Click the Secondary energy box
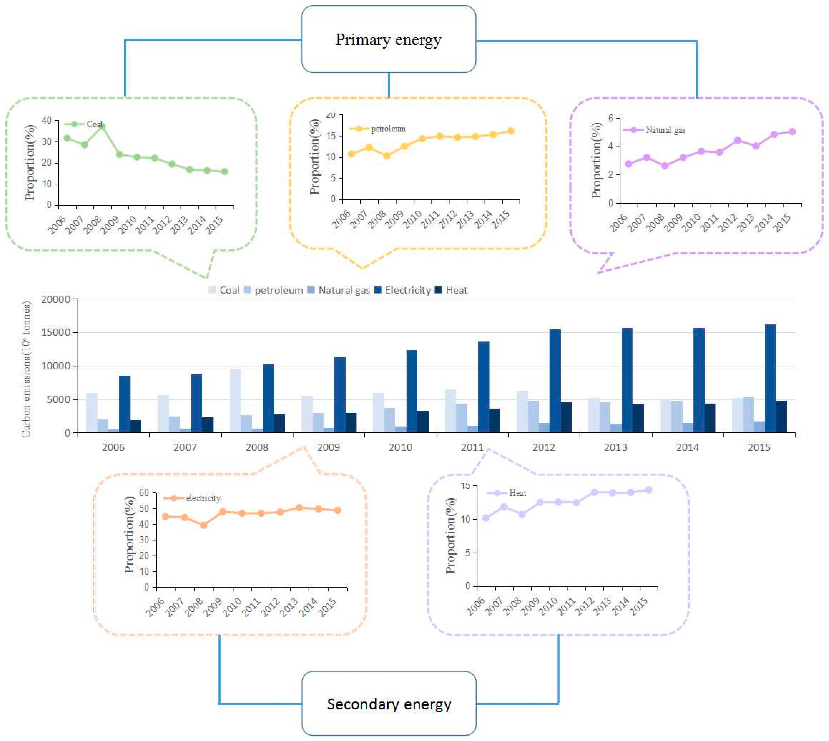click(389, 704)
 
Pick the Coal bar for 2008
click(235, 400)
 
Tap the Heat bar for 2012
click(566, 417)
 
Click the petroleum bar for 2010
click(390, 420)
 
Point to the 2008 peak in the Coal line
click(102, 126)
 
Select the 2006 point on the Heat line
click(485, 518)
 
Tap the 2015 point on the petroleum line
click(510, 131)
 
